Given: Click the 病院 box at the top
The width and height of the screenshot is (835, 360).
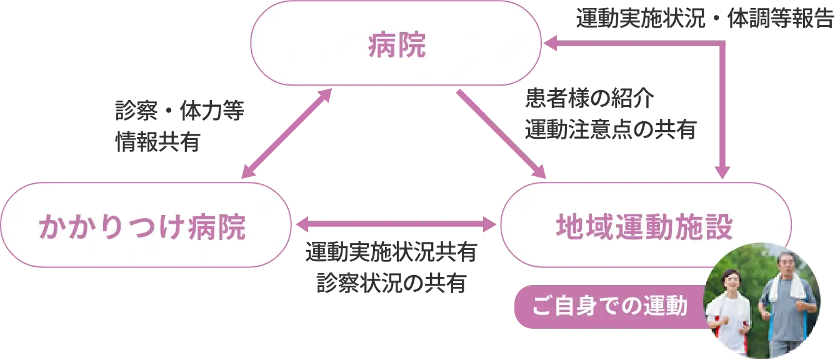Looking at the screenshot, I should [x=396, y=43].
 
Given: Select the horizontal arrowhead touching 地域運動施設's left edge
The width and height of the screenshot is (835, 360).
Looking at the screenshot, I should [x=492, y=222].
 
